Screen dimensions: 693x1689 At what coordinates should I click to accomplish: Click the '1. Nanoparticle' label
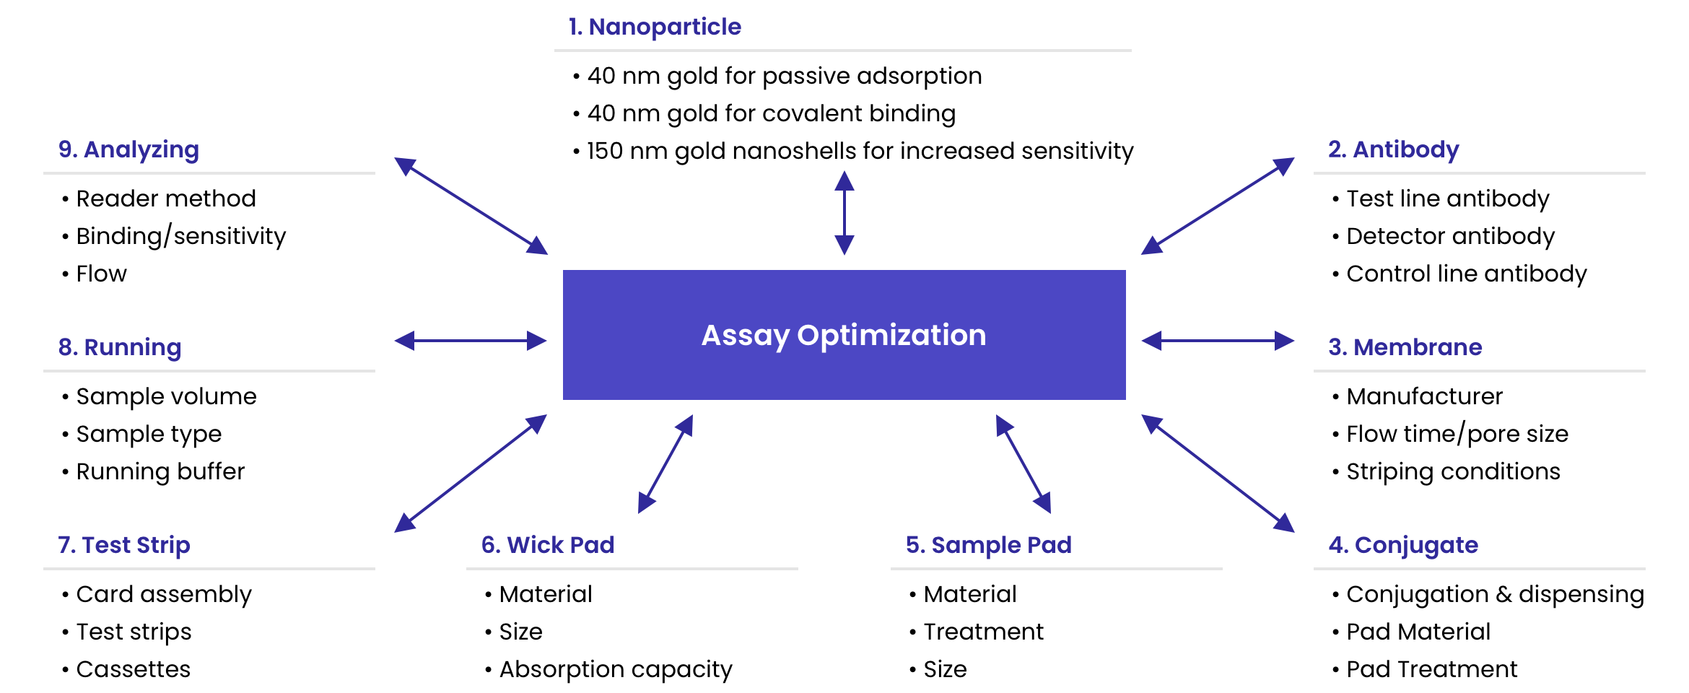coord(655,27)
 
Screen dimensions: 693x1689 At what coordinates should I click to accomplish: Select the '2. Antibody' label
coord(1394,150)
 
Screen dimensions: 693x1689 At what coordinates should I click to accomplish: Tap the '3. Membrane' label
coord(1405,347)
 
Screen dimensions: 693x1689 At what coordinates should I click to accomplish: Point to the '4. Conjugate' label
coord(1403,545)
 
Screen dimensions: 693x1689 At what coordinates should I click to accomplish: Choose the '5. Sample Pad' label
coord(988,545)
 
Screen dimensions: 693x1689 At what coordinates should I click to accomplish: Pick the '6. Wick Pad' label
coord(548,545)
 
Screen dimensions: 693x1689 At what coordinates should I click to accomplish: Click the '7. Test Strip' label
coord(124,545)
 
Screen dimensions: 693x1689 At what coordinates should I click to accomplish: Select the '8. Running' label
coord(120,347)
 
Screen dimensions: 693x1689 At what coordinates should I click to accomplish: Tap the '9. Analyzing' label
coord(128,150)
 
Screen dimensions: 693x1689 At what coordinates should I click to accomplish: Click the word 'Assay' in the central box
coord(746,336)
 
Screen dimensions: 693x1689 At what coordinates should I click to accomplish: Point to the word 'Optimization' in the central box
coord(891,335)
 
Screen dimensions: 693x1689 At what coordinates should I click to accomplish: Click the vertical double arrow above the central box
coord(844,212)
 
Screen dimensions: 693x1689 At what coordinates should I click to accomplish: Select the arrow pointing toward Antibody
coord(1218,206)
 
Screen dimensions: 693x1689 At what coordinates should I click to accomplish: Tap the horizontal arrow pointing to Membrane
coord(1218,341)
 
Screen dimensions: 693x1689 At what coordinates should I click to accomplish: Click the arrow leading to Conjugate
coord(1218,473)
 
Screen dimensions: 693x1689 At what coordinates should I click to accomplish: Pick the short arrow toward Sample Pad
coord(1024,463)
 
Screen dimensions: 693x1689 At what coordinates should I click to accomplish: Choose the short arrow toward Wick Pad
coord(665,463)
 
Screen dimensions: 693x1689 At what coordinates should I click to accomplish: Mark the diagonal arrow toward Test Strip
coord(471,473)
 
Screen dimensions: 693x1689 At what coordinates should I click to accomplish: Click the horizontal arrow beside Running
coord(471,341)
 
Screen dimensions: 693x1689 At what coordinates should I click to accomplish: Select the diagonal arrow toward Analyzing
coord(471,206)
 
